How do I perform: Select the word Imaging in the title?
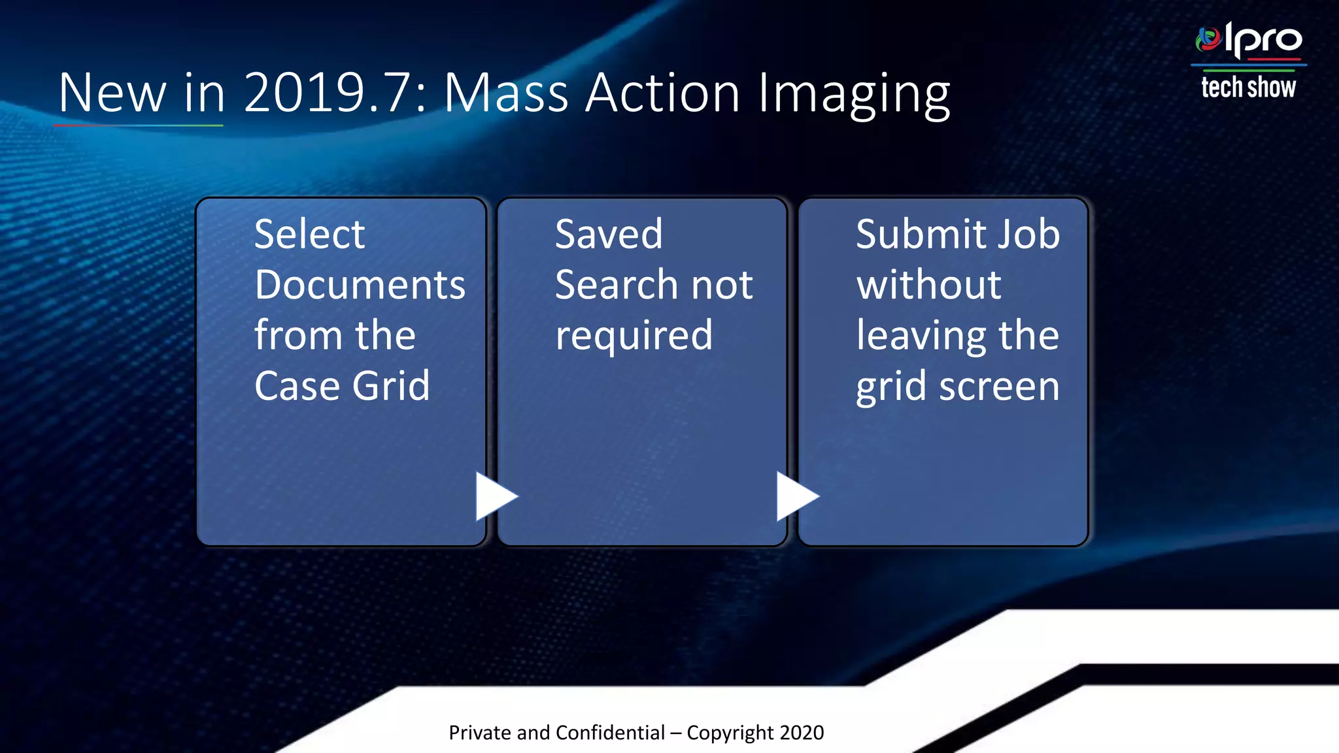pos(854,94)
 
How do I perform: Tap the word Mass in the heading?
pos(506,93)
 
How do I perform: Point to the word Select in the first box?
pos(309,234)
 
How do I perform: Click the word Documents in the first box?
pos(360,285)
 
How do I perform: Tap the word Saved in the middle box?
pos(609,234)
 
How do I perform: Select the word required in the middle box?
pos(634,336)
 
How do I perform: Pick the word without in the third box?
pos(928,285)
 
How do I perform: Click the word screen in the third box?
pos(999,386)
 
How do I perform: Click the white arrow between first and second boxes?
pos(496,496)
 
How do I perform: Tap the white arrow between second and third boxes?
pos(796,496)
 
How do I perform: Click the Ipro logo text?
pos(1263,41)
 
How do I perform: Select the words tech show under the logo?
pos(1248,87)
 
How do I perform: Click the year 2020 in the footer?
pos(802,733)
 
